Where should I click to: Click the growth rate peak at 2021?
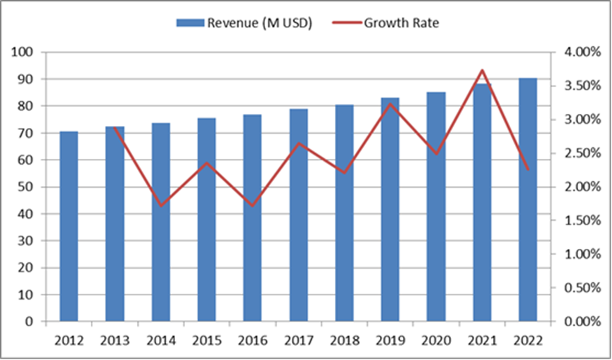pyautogui.click(x=482, y=70)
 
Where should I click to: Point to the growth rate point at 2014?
pyautogui.click(x=161, y=206)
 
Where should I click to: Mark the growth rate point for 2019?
pyautogui.click(x=390, y=104)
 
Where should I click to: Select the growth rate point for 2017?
pyautogui.click(x=299, y=143)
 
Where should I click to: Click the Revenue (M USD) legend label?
pyautogui.click(x=259, y=22)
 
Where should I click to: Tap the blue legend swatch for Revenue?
pyautogui.click(x=189, y=23)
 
